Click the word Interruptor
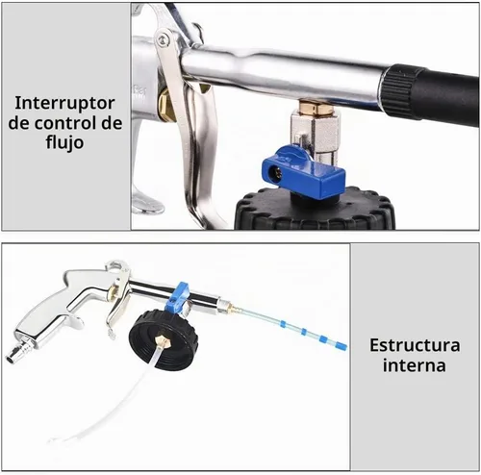coord(64,103)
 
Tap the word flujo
coord(64,142)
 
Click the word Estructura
coord(415,345)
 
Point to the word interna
coord(415,365)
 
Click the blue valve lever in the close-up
coord(303,172)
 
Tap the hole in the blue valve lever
coord(274,173)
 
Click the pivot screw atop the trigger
coord(164,39)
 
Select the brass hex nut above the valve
coord(316,108)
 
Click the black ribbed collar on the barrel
coord(400,91)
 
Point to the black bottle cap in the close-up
coord(315,209)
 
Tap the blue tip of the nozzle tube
coord(341,346)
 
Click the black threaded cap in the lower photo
coord(164,340)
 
